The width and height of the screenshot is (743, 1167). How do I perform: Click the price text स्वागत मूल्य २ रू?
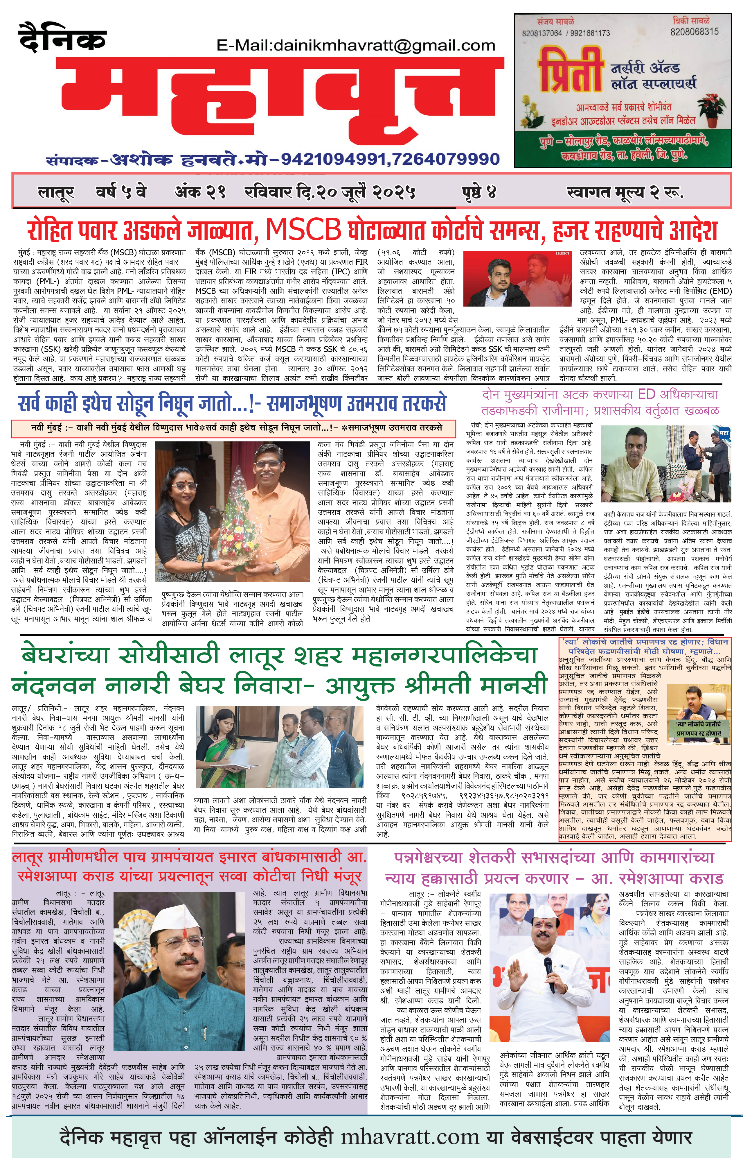(625, 192)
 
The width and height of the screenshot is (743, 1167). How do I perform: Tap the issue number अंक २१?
(200, 192)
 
